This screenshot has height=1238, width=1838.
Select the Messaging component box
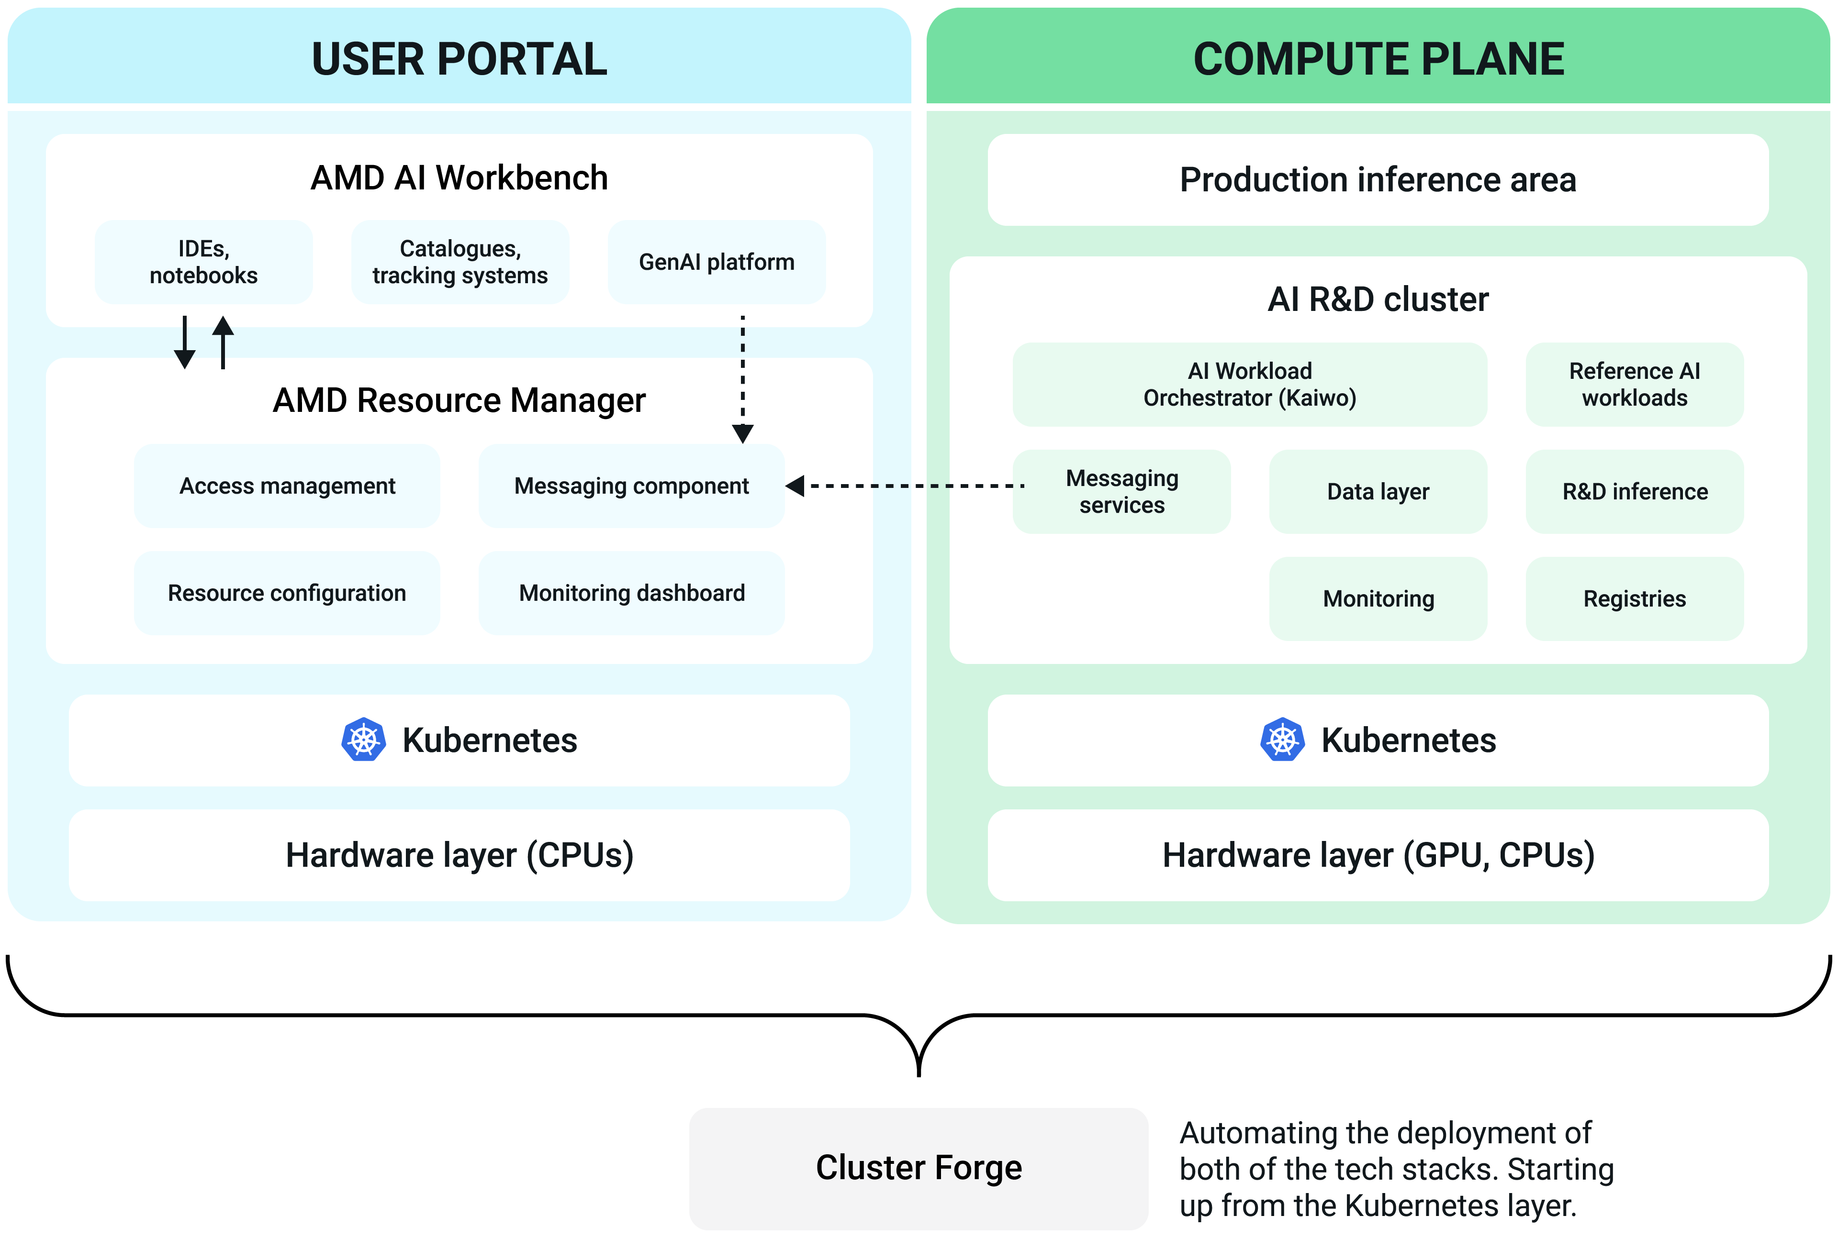631,486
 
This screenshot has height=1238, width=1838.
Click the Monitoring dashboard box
631,593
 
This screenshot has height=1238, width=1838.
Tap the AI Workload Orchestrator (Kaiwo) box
1250,385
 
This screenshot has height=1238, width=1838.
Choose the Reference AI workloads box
1634,385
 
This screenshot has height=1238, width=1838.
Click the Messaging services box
1121,491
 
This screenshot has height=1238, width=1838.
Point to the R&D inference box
1634,491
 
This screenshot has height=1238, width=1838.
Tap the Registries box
1634,598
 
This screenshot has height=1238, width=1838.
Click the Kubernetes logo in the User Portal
363,740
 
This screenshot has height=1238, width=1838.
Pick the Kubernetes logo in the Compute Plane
1282,740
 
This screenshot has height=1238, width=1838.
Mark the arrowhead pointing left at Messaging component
796,486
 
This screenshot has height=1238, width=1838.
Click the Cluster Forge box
919,1168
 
